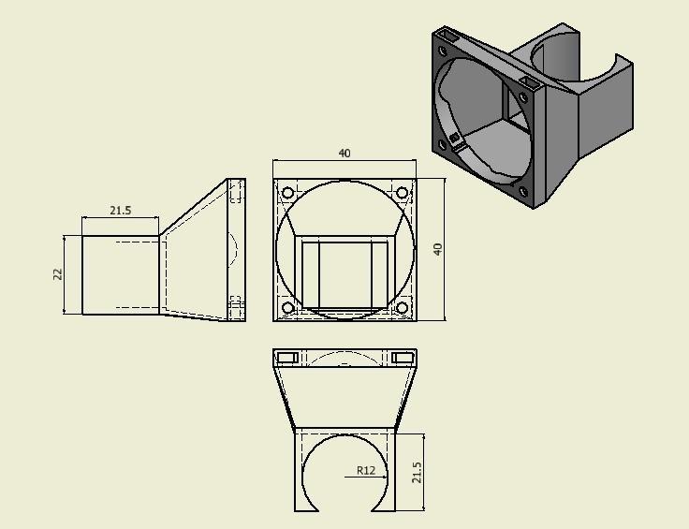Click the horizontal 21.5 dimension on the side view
pos(120,211)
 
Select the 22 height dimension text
pos(56,274)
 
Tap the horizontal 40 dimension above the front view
pos(344,154)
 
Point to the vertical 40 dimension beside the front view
pos(436,249)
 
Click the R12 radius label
pos(365,470)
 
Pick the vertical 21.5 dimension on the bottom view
pos(417,473)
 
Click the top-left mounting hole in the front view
pos(287,194)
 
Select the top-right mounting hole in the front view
pos(403,193)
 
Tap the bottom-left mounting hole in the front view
pos(287,308)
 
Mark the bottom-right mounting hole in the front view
pos(403,308)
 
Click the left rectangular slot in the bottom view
pos(286,358)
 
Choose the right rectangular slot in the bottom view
pos(403,358)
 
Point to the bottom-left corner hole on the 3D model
pos(443,144)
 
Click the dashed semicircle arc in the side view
pos(234,249)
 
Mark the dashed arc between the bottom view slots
pos(344,358)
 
